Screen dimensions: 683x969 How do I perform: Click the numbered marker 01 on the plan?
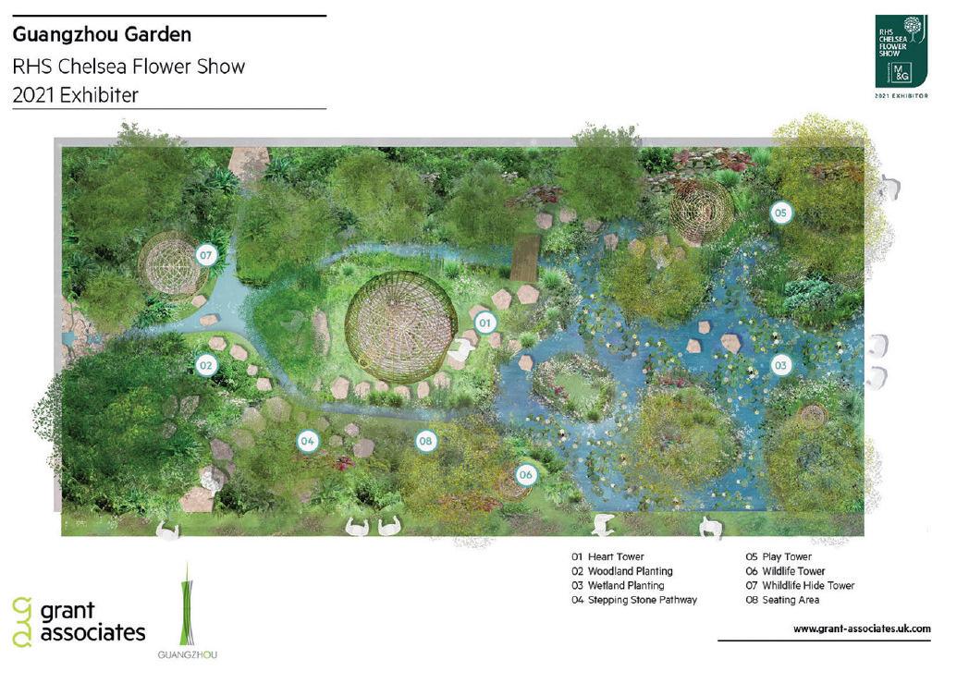[483, 323]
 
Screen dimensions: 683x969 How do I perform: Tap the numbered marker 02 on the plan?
[205, 365]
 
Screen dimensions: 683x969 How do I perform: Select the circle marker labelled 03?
[780, 365]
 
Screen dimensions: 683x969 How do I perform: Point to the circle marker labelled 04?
[308, 442]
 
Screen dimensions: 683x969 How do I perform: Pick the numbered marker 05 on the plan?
[780, 213]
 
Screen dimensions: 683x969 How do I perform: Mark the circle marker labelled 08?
[425, 442]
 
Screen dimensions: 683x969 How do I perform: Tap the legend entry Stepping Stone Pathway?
[633, 600]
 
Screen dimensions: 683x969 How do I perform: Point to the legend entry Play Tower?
[779, 557]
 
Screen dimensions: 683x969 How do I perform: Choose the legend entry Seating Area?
[782, 600]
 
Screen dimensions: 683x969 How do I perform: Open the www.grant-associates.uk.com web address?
[862, 628]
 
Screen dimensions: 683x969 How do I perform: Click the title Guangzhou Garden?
[102, 35]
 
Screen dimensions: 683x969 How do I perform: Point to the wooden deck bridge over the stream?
[525, 256]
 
